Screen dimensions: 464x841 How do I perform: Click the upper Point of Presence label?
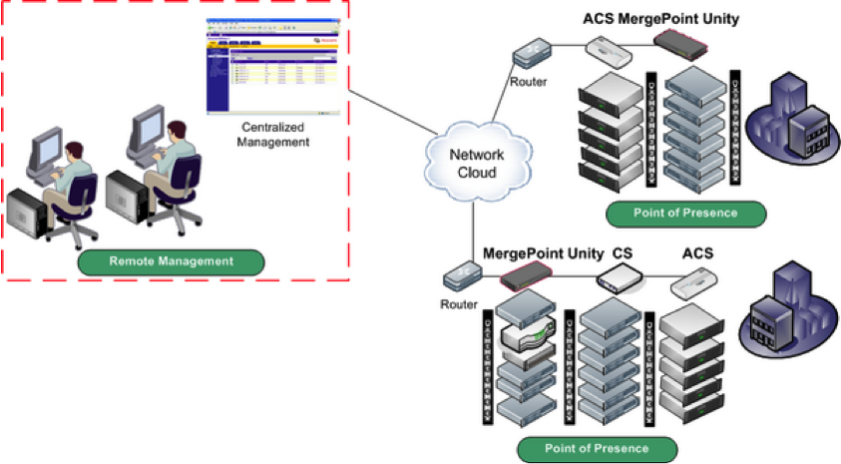(685, 213)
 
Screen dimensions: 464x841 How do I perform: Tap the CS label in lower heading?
(623, 256)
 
